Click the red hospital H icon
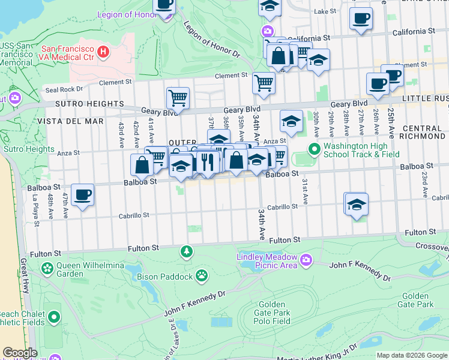click(103, 52)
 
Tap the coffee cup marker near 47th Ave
click(82, 194)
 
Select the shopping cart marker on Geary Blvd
click(178, 98)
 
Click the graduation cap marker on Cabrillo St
click(357, 204)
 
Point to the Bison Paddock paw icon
click(203, 276)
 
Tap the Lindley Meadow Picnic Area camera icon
click(307, 259)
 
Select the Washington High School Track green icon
click(313, 148)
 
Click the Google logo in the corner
click(20, 353)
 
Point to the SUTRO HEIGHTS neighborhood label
click(64, 104)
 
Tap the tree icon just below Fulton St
click(187, 250)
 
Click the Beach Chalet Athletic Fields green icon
click(54, 316)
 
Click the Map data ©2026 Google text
click(411, 355)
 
